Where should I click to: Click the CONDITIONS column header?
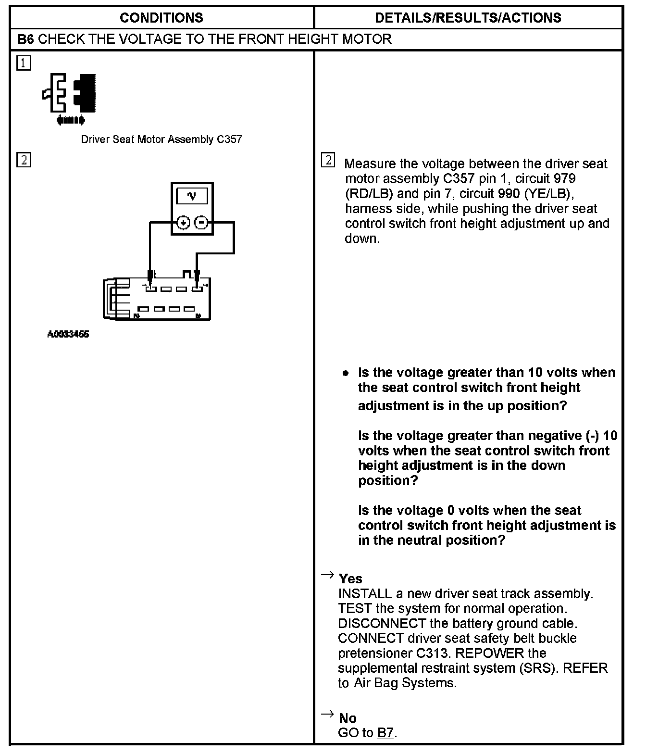click(161, 18)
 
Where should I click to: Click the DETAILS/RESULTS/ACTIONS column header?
click(468, 18)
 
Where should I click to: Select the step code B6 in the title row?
click(26, 39)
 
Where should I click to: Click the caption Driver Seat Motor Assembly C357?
click(161, 139)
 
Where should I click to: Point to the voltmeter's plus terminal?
click(183, 223)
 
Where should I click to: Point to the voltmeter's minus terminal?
click(202, 223)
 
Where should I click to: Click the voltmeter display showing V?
click(192, 196)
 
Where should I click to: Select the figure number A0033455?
click(68, 334)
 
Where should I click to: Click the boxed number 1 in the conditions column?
click(23, 63)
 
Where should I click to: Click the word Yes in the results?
click(350, 578)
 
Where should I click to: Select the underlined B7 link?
click(385, 733)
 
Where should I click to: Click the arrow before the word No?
click(327, 714)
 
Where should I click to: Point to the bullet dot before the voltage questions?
click(345, 373)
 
